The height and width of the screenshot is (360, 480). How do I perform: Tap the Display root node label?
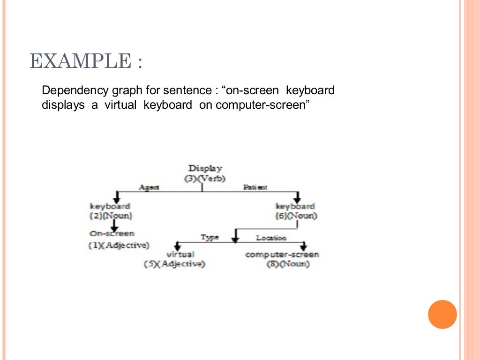point(205,168)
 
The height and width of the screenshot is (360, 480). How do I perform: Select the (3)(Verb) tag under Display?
point(205,178)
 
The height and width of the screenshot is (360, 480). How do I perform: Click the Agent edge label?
point(149,187)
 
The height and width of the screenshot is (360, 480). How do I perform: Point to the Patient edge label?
point(255,187)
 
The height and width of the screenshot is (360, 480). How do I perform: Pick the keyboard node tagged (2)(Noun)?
point(110,206)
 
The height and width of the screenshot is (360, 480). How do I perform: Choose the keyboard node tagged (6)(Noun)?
point(295,206)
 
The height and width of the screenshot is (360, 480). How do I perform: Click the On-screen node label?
point(112,233)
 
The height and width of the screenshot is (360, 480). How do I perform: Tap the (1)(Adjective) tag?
point(119,245)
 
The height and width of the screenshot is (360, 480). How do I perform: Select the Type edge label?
point(210,237)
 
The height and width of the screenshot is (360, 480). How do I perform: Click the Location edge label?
point(271,238)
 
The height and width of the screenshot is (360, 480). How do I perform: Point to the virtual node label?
point(180,255)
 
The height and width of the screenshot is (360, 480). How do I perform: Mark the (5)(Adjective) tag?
point(174,264)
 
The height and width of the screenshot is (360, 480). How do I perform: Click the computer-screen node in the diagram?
point(282,255)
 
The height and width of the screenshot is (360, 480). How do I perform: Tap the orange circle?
point(442,314)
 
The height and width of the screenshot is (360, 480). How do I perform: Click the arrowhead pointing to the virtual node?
point(177,247)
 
